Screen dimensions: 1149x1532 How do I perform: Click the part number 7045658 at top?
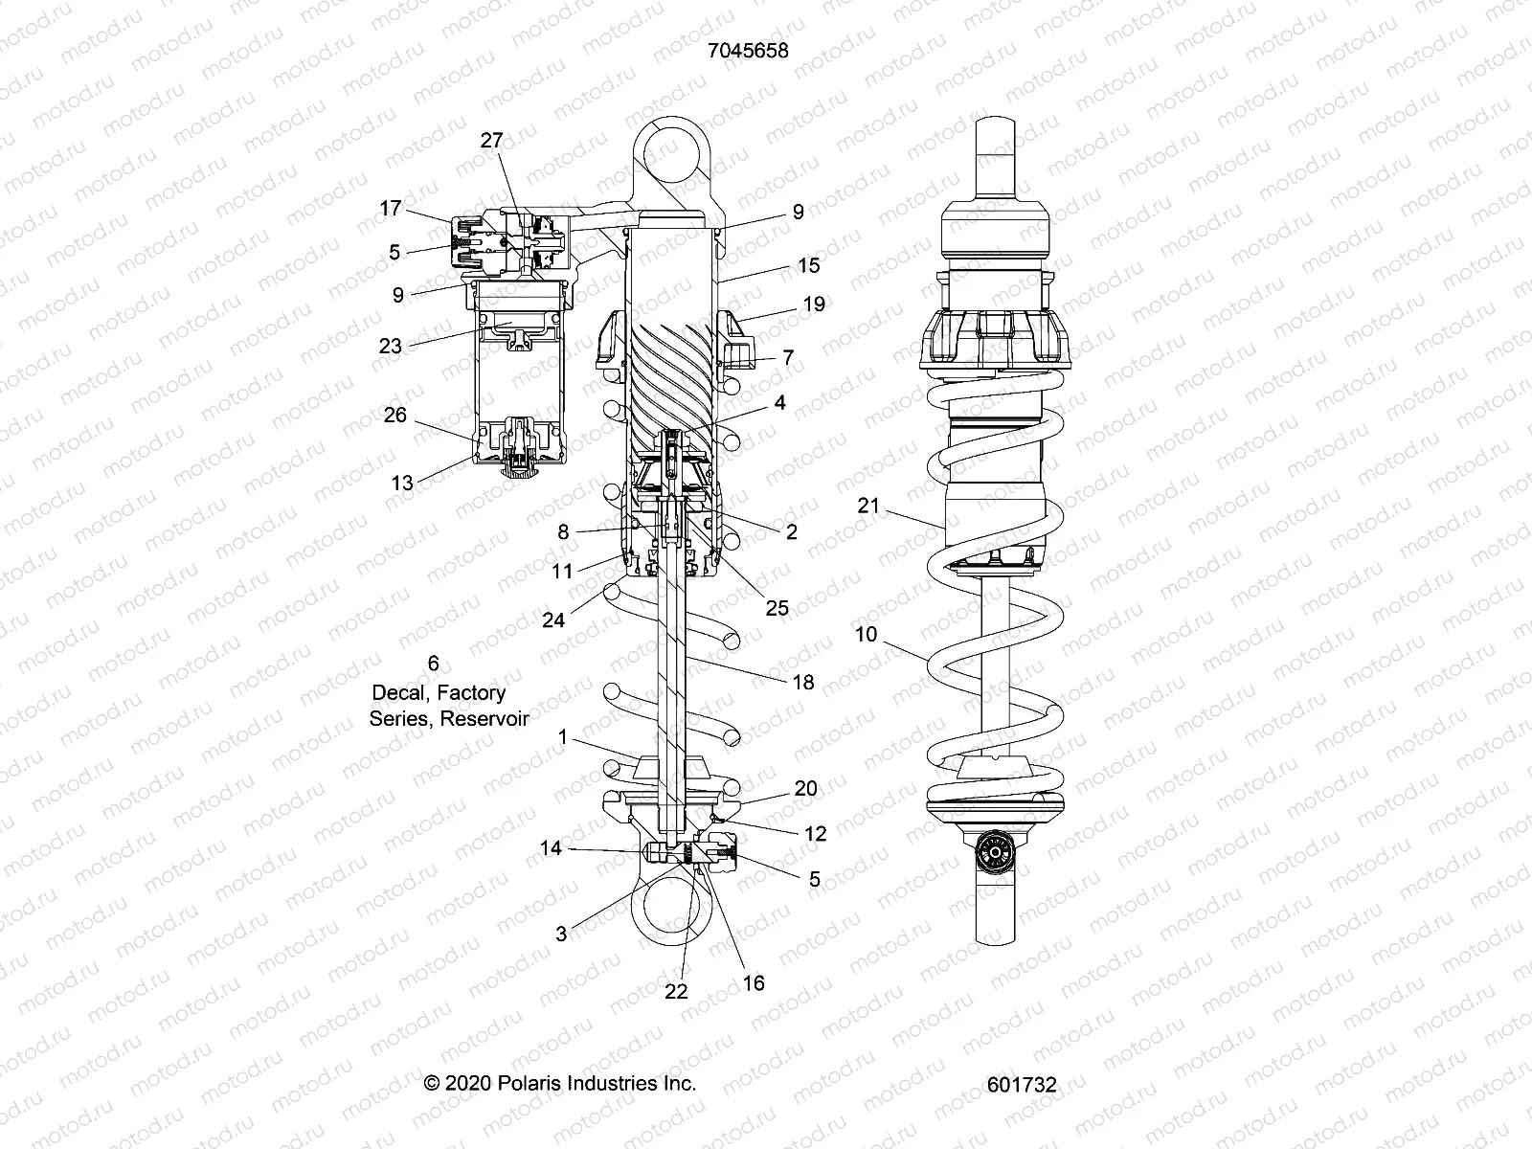point(748,51)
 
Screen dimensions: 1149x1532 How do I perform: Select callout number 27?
point(491,140)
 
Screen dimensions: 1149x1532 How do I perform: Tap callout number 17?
point(390,208)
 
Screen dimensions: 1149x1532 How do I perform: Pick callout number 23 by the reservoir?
point(390,345)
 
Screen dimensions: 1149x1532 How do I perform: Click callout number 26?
point(394,415)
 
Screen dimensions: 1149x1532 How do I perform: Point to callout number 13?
point(402,483)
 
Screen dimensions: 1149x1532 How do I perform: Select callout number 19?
point(814,304)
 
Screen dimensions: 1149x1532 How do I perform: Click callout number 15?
point(809,265)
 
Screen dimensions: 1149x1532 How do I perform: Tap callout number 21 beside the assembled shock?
point(867,505)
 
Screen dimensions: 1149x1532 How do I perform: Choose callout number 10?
point(866,634)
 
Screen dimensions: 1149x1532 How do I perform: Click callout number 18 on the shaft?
point(803,682)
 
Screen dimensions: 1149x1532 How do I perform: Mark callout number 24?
point(553,620)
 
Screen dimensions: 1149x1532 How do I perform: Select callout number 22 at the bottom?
point(676,991)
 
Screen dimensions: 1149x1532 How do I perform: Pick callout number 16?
point(754,983)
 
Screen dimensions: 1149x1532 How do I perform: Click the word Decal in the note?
point(397,692)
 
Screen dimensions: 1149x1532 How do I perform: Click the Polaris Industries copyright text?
point(560,1083)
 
